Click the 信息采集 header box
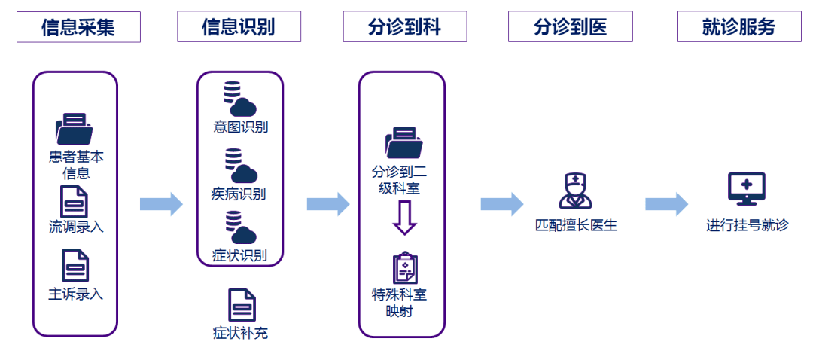click(x=78, y=27)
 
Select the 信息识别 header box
click(x=239, y=27)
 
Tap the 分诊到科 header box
click(x=404, y=27)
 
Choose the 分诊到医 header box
click(x=571, y=27)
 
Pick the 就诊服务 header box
click(x=738, y=27)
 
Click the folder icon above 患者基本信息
click(x=74, y=129)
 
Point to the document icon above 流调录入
click(x=75, y=201)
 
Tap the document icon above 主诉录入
click(x=75, y=266)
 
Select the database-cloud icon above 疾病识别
click(x=240, y=166)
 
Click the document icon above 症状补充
click(x=242, y=305)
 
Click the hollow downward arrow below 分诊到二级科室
click(x=404, y=220)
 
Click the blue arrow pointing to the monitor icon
click(x=666, y=204)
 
